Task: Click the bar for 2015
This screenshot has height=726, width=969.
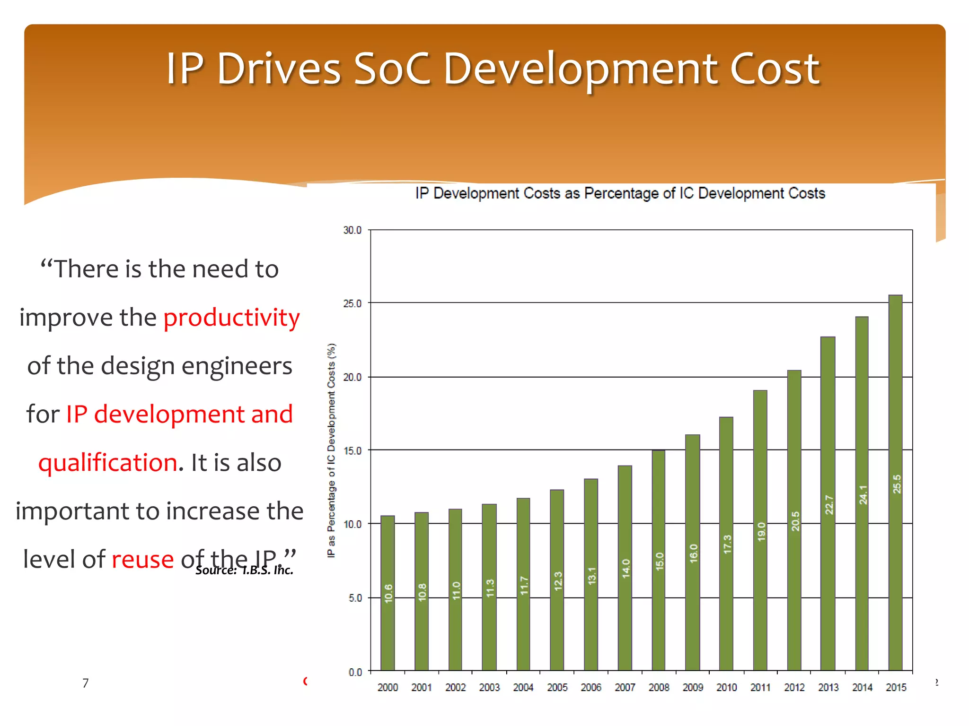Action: tap(895, 482)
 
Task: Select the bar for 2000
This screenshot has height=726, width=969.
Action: tap(388, 593)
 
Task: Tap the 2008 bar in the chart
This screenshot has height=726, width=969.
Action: tap(659, 560)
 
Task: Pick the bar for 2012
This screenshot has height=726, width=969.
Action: tap(794, 520)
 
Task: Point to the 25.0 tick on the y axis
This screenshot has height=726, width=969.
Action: tap(352, 303)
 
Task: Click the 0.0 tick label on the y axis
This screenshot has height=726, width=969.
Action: tap(355, 672)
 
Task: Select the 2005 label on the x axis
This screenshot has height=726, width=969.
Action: tap(557, 688)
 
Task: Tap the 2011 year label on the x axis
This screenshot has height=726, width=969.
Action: tap(760, 688)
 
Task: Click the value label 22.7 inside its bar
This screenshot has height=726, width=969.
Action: tap(828, 505)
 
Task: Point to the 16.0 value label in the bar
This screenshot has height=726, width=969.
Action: tap(693, 553)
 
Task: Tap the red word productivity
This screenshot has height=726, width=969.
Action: tap(231, 318)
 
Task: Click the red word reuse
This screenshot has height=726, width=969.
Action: tap(142, 560)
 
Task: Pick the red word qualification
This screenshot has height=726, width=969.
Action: tap(108, 462)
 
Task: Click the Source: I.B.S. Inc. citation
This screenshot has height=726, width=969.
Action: tap(244, 570)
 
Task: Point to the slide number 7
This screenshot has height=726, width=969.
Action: tap(86, 683)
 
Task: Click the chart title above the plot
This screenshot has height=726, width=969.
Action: tap(620, 193)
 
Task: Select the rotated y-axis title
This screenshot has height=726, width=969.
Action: tap(332, 450)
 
